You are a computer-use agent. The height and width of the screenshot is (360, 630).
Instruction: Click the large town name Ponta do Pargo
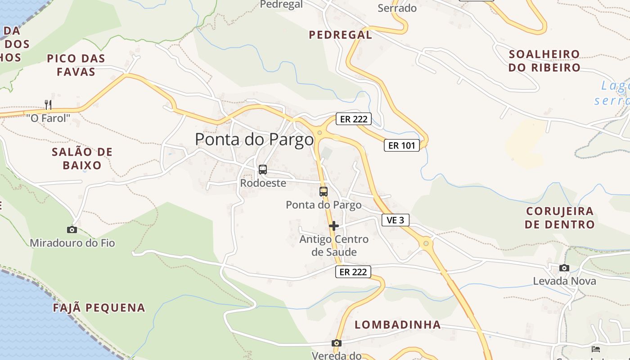coord(254,139)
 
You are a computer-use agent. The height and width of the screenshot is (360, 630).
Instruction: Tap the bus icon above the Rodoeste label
coord(263,170)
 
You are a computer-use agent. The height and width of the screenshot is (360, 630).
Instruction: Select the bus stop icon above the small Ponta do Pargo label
coord(323,191)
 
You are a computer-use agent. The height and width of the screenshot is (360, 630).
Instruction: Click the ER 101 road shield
coord(401,145)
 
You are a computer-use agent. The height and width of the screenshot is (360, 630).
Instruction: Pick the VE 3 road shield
coord(396,220)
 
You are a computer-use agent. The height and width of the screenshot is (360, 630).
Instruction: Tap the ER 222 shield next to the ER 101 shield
coord(353,119)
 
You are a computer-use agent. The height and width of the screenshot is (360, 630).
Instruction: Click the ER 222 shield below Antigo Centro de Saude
coord(353,272)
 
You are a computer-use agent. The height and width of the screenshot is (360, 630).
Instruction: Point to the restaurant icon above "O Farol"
coord(48,105)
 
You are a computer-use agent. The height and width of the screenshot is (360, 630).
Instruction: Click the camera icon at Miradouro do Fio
coord(72,230)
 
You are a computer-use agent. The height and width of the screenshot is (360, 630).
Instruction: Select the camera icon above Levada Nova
coord(564,268)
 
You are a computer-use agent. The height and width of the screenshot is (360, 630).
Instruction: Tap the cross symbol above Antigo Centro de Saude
coord(333,226)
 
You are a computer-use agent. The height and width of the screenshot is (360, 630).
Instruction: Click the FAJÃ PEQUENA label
coord(99,308)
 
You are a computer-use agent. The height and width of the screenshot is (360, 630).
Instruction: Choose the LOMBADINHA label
coord(398,325)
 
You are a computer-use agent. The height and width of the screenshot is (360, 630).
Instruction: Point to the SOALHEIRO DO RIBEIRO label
coord(544,61)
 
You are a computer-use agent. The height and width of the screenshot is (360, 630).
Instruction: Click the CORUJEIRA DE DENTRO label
coord(560,218)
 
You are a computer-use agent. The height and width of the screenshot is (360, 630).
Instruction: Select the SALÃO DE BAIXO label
coord(82,159)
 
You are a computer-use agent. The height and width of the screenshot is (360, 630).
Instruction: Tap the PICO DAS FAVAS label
coord(76,65)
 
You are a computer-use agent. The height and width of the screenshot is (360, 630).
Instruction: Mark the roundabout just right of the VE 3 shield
coord(426,243)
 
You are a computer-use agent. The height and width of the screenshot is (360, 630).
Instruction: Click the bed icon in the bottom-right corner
coord(595,349)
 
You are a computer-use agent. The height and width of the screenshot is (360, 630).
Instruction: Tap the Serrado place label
coord(397,8)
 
